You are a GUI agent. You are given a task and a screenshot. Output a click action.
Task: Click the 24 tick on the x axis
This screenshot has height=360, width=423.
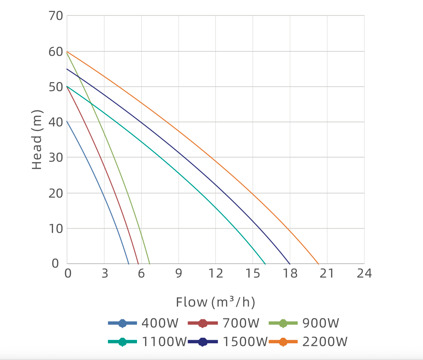pyautogui.click(x=364, y=274)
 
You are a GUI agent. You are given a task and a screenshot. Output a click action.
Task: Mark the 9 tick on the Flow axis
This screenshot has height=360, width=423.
pyautogui.click(x=179, y=274)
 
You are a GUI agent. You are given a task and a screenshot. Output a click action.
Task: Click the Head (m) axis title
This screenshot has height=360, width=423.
pyautogui.click(x=38, y=140)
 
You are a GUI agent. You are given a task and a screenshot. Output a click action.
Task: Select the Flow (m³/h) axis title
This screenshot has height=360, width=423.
pyautogui.click(x=215, y=302)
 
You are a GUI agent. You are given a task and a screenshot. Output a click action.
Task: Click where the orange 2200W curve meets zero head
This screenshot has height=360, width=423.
pyautogui.click(x=319, y=264)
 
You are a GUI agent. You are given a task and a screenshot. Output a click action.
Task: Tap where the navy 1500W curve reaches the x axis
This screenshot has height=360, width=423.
pyautogui.click(x=290, y=264)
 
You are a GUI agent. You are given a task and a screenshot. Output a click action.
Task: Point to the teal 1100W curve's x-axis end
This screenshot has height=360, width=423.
pyautogui.click(x=265, y=264)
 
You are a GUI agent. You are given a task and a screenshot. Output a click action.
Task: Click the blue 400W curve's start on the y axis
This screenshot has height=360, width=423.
pyautogui.click(x=67, y=122)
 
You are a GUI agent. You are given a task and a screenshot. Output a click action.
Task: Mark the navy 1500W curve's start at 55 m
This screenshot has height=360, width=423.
pyautogui.click(x=67, y=68)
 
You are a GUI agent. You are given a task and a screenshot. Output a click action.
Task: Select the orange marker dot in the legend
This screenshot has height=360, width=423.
pyautogui.click(x=283, y=342)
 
